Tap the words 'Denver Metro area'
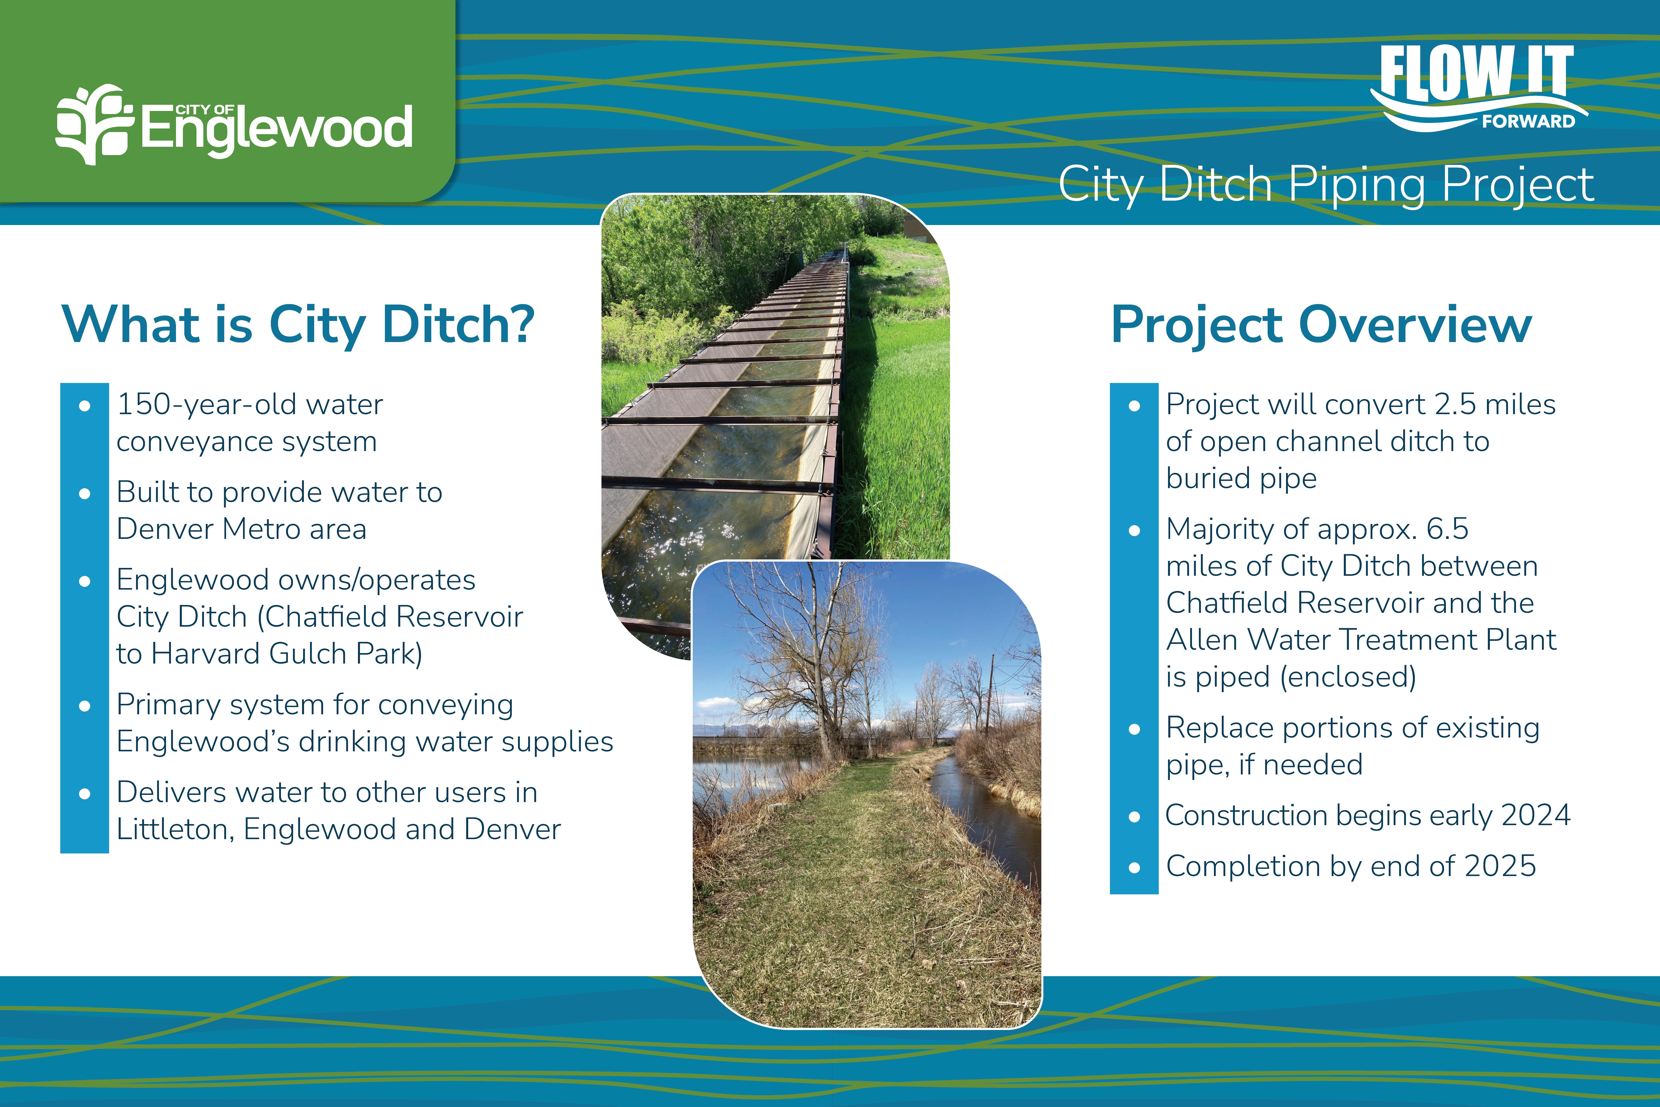(x=241, y=529)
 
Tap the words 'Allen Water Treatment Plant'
(x=1361, y=640)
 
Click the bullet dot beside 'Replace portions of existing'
(x=1134, y=729)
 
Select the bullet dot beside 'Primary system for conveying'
(x=85, y=706)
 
